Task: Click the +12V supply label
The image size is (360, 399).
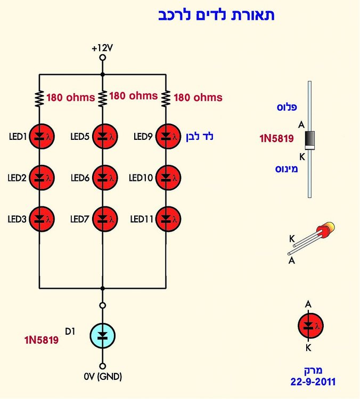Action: point(102,48)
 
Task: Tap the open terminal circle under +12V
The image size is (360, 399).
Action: point(102,57)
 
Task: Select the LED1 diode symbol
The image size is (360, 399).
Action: point(42,136)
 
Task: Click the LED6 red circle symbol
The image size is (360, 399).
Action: point(105,178)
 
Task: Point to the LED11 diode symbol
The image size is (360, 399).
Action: point(168,219)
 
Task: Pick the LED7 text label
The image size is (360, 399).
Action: point(80,219)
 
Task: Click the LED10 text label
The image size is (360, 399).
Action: point(141,178)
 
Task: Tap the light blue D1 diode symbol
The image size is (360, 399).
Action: point(102,336)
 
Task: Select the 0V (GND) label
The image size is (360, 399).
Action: point(103,376)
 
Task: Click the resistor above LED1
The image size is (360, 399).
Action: point(39,98)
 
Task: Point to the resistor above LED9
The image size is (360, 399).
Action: point(166,98)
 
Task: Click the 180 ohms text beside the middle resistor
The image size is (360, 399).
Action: point(134,96)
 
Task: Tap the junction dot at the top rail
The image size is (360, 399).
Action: point(102,74)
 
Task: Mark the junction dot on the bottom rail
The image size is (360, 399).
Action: point(102,288)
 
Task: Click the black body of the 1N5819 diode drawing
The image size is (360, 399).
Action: point(309,139)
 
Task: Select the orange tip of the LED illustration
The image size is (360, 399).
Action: point(330,226)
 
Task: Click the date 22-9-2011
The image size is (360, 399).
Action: point(313,381)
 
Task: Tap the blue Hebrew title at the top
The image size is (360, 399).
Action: point(216,15)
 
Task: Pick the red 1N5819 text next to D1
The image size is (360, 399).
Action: point(42,340)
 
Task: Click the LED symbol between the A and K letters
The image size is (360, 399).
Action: point(310,326)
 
